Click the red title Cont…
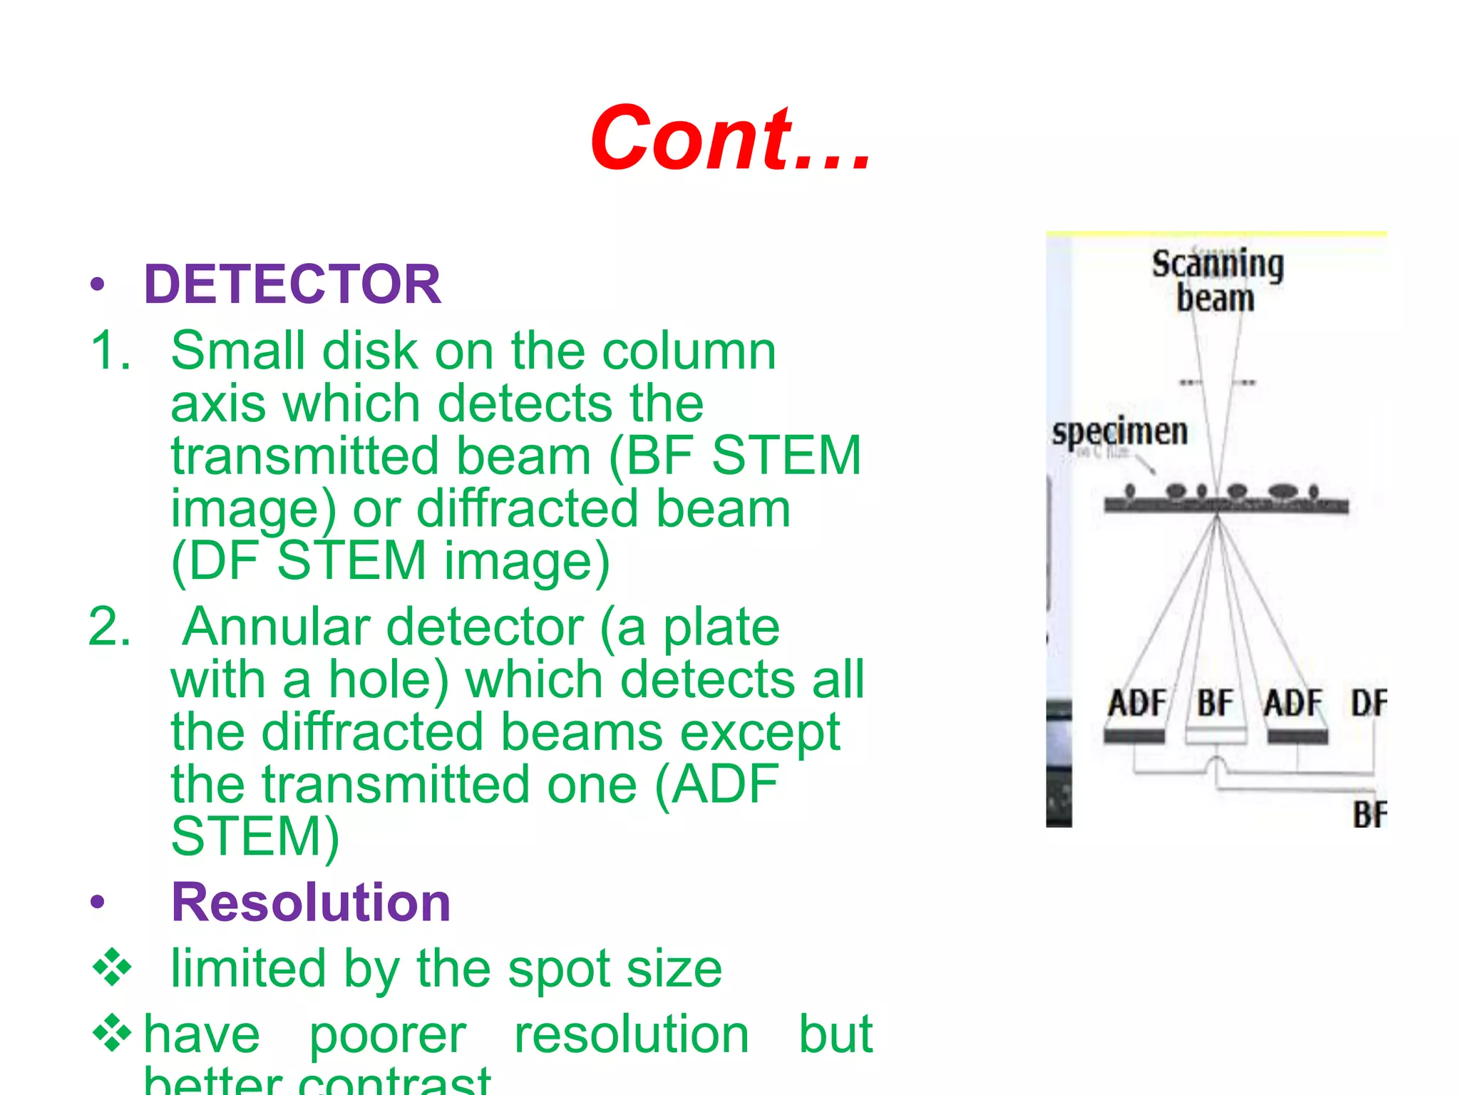pos(731,138)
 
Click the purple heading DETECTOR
pos(292,284)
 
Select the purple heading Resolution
pos(311,903)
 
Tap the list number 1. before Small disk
pos(110,351)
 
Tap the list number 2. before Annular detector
pos(110,627)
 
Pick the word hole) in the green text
pos(389,679)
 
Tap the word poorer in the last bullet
pos(387,1034)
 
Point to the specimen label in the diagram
pos(1120,432)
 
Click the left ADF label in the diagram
pos(1136,703)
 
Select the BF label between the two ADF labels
pos(1214,703)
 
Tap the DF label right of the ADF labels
pos(1369,703)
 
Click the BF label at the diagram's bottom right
pos(1369,815)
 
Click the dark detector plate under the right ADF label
pos(1297,737)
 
